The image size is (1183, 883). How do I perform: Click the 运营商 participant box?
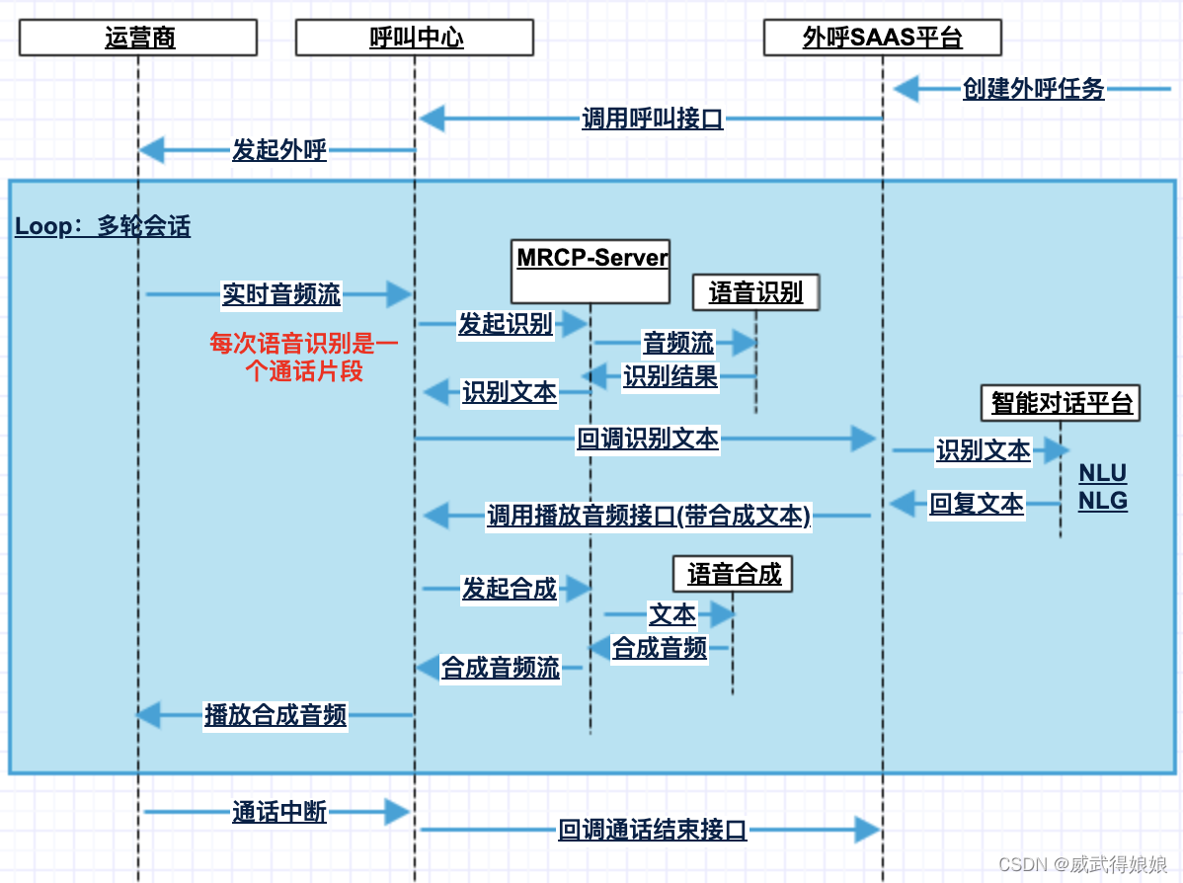pyautogui.click(x=138, y=39)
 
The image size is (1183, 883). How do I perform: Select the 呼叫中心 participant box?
pyautogui.click(x=415, y=39)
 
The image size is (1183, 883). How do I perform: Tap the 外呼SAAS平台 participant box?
pyautogui.click(x=883, y=39)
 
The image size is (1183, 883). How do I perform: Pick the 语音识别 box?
pyautogui.click(x=756, y=292)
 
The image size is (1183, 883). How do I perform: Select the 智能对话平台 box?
pyautogui.click(x=1062, y=403)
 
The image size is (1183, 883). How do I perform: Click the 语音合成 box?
pyautogui.click(x=734, y=574)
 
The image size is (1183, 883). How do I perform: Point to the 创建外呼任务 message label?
pyautogui.click(x=1034, y=89)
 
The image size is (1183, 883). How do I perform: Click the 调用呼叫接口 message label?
pyautogui.click(x=653, y=120)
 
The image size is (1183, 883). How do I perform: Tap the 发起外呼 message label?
pyautogui.click(x=279, y=150)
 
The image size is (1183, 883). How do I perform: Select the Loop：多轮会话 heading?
pyautogui.click(x=103, y=226)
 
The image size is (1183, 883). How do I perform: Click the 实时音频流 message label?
pyautogui.click(x=281, y=293)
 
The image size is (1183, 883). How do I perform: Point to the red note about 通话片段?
pyautogui.click(x=303, y=358)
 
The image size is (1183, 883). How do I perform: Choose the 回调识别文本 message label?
pyautogui.click(x=648, y=439)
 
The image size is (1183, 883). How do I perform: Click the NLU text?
pyautogui.click(x=1102, y=473)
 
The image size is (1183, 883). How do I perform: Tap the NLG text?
pyautogui.click(x=1102, y=501)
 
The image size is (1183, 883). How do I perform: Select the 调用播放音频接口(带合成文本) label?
pyautogui.click(x=649, y=516)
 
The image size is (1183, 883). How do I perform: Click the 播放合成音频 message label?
pyautogui.click(x=276, y=715)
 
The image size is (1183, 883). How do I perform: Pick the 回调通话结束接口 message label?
pyautogui.click(x=653, y=830)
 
